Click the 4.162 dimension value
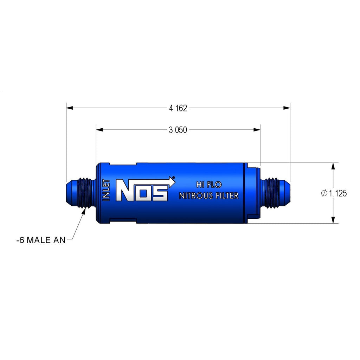click(x=178, y=108)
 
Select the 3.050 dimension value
click(x=178, y=130)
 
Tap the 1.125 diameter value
click(x=337, y=193)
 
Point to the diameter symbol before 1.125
click(x=324, y=193)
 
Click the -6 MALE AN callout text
click(x=41, y=240)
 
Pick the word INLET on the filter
click(x=106, y=190)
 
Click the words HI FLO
click(x=209, y=185)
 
